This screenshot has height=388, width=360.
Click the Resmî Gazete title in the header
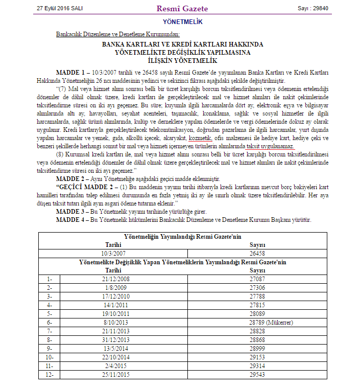[x=183, y=9]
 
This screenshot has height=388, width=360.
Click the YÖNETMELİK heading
[x=183, y=22]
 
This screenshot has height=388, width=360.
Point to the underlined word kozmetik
[x=200, y=139]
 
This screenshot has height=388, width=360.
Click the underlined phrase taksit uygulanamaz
[x=271, y=146]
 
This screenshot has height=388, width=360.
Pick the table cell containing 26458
[x=257, y=253]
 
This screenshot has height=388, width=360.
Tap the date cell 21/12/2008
[x=115, y=279]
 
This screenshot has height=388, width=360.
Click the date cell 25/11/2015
[x=115, y=375]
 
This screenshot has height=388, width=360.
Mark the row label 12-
[x=50, y=375]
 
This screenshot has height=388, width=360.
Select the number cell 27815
[x=257, y=305]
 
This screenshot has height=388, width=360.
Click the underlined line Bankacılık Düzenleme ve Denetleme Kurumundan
[x=117, y=34]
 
